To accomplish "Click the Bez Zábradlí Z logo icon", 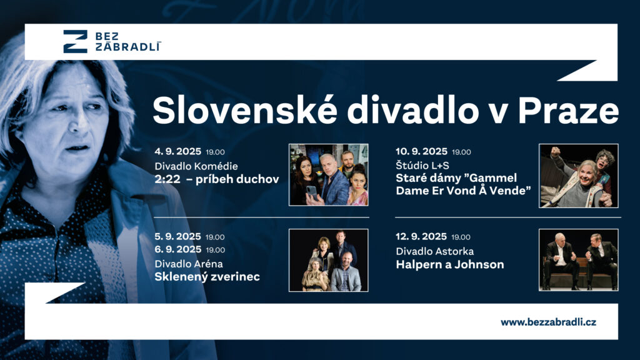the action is [x=75, y=41].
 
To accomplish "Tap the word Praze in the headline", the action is [x=568, y=111].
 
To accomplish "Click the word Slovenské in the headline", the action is [x=245, y=111].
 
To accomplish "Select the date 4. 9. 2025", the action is [x=178, y=151].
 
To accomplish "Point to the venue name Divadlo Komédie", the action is [x=196, y=166].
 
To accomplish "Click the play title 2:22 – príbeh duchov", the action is [x=217, y=179].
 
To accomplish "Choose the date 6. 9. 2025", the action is [x=178, y=249].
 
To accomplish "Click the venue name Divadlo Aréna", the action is [x=189, y=264].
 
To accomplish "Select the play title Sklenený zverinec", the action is [x=207, y=277].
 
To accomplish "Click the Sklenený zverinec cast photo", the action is [x=329, y=260].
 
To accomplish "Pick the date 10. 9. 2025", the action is [x=422, y=151].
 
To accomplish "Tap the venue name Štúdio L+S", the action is [x=422, y=165].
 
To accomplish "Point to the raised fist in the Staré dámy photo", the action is [x=556, y=152].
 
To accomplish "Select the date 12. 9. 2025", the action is [x=421, y=237].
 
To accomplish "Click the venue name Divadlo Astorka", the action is [x=435, y=251].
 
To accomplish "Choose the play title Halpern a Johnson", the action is [x=450, y=264].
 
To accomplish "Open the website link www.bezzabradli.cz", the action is [x=548, y=322].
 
